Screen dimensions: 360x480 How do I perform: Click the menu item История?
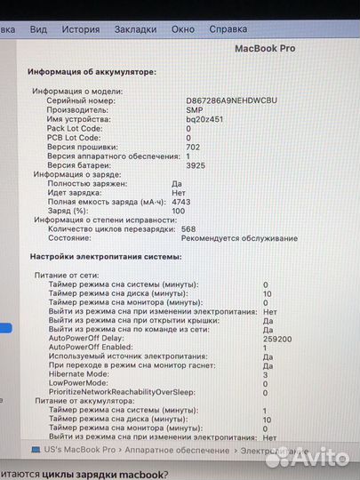click(81, 28)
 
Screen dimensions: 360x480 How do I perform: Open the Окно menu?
click(182, 28)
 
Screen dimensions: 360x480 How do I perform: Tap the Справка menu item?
click(228, 28)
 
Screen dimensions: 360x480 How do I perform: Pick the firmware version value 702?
click(193, 147)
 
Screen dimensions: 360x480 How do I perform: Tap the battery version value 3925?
click(196, 165)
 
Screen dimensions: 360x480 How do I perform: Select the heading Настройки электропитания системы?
click(105, 256)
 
